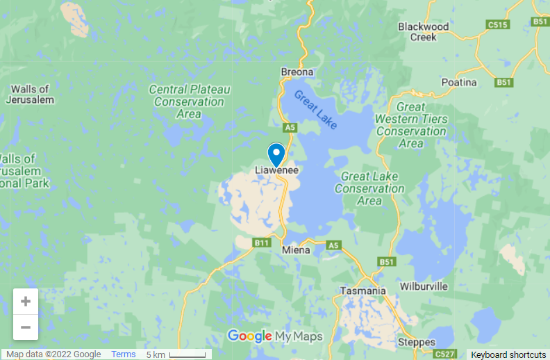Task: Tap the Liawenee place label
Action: click(x=276, y=170)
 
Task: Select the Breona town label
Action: click(x=297, y=72)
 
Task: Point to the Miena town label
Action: click(x=297, y=249)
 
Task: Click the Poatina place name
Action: click(x=460, y=82)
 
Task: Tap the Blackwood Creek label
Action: click(x=423, y=32)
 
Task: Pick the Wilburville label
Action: click(x=424, y=286)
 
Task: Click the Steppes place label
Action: click(x=417, y=342)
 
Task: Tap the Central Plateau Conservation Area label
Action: click(x=190, y=101)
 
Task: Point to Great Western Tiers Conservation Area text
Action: click(x=411, y=125)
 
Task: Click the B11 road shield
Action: click(x=261, y=243)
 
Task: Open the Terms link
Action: click(x=124, y=354)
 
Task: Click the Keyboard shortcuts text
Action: click(x=508, y=354)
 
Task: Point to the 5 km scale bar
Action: click(x=178, y=354)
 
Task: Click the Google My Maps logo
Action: click(x=275, y=337)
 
